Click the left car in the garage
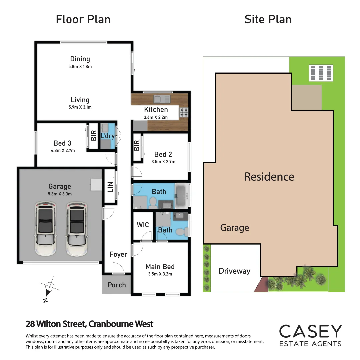(45, 228)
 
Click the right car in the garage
(76, 228)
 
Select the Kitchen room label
(156, 109)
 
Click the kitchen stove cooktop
(184, 112)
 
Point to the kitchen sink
(162, 99)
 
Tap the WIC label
(143, 225)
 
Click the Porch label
(117, 285)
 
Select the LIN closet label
(110, 187)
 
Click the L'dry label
(107, 136)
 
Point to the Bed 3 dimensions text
(62, 150)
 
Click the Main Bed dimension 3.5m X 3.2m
(160, 274)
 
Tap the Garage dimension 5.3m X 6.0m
(60, 194)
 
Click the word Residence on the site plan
(269, 177)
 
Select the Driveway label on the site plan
(234, 271)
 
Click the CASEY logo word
(310, 331)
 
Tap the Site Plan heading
(268, 19)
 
